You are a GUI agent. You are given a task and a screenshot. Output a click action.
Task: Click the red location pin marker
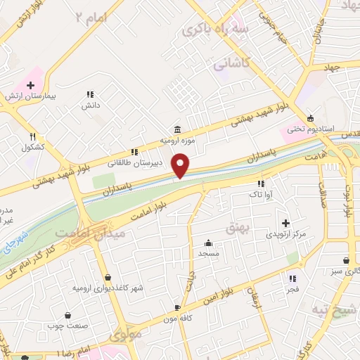181,165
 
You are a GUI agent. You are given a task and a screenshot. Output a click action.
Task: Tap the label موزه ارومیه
176,141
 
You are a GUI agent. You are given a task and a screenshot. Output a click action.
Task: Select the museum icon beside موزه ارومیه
176,130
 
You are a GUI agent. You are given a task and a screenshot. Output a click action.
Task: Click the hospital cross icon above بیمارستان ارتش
30,85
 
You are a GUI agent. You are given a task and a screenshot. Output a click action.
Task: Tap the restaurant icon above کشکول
32,137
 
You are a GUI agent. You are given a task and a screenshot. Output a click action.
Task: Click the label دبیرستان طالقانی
135,162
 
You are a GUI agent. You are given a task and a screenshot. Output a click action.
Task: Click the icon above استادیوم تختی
310,118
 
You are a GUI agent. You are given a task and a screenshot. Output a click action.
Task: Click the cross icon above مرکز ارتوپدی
285,222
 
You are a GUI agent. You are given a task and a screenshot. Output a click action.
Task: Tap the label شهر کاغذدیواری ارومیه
108,288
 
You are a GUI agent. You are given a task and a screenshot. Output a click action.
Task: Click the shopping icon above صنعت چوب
67,316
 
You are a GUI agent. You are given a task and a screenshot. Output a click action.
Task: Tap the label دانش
89,105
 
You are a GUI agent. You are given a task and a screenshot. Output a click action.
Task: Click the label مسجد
209,252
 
